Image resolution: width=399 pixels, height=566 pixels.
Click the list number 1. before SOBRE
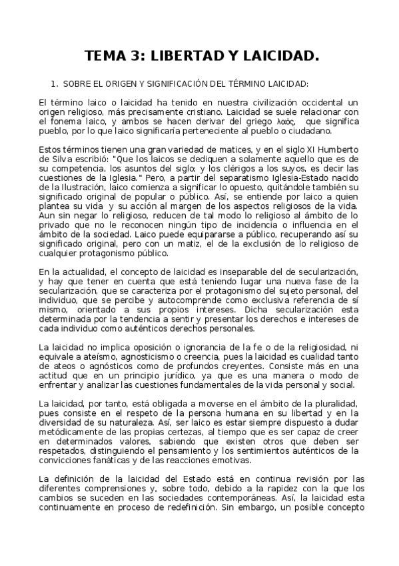click(x=55, y=84)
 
